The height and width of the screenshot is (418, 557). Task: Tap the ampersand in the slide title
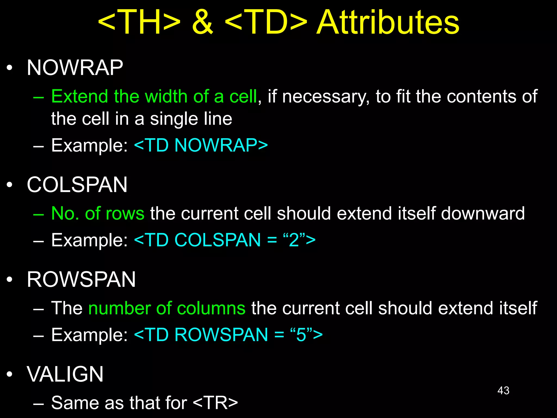202,22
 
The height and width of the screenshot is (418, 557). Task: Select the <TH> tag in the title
139,22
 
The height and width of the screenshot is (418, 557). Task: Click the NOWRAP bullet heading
75,68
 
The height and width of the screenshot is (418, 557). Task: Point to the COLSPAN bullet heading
77,185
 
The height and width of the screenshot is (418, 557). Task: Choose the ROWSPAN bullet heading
81,279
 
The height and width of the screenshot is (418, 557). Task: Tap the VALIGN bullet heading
65,374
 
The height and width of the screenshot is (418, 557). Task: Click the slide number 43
503,391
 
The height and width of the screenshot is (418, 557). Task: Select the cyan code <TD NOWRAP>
201,145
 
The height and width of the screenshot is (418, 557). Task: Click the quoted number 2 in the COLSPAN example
294,240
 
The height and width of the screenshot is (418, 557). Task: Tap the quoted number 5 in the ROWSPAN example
301,335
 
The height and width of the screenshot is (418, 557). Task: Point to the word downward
483,213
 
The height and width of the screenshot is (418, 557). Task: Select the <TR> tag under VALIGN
215,403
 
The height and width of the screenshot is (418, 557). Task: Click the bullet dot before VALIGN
10,374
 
